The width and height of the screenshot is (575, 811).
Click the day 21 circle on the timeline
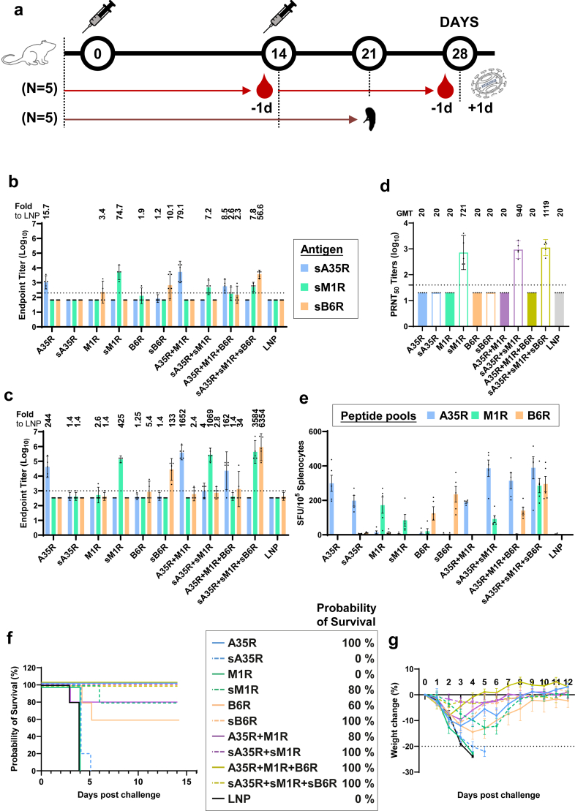click(369, 53)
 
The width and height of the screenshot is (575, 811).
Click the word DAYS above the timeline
click(460, 23)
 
